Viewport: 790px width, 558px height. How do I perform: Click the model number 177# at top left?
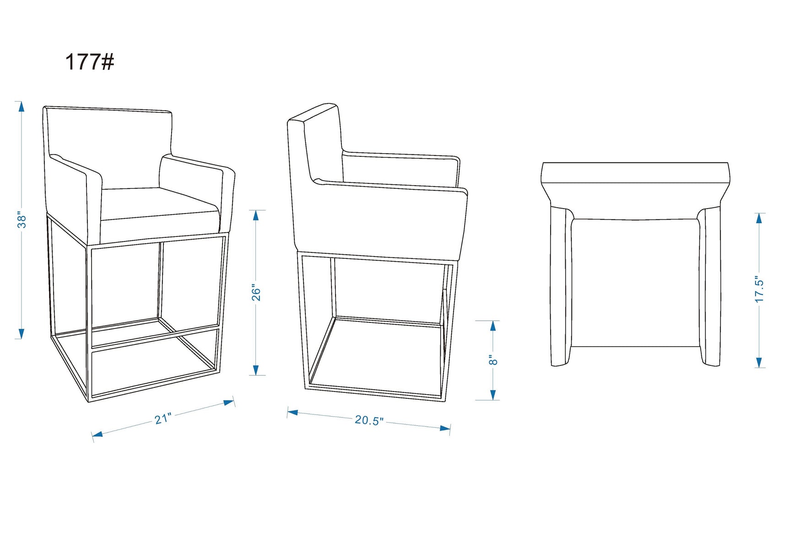click(89, 62)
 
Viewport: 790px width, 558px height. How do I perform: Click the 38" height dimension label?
click(22, 220)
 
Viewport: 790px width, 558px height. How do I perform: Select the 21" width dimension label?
click(162, 418)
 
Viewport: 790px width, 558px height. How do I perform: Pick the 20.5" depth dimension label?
click(369, 420)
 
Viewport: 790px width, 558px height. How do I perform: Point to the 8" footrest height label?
click(493, 360)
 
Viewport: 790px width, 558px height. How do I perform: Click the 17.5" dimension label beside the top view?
click(759, 289)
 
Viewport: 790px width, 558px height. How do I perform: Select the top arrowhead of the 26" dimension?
click(256, 215)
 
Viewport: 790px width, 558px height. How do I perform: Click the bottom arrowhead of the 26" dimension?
click(256, 370)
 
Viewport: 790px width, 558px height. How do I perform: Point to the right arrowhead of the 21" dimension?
click(229, 402)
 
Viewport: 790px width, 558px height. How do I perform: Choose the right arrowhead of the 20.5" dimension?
click(444, 429)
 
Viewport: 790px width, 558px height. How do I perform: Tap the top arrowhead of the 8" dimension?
click(493, 326)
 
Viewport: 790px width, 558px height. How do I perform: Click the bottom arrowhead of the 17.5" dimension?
click(759, 362)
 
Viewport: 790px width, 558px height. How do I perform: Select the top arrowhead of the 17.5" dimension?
click(759, 219)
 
